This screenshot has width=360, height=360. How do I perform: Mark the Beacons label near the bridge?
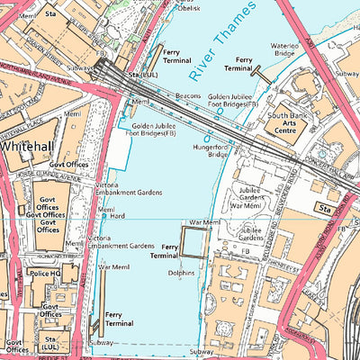(188, 94)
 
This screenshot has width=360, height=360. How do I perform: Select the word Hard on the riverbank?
(118, 216)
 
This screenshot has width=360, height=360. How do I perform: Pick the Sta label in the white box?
(326, 208)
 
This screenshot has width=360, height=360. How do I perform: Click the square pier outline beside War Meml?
(194, 242)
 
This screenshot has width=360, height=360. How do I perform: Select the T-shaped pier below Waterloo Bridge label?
(260, 71)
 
